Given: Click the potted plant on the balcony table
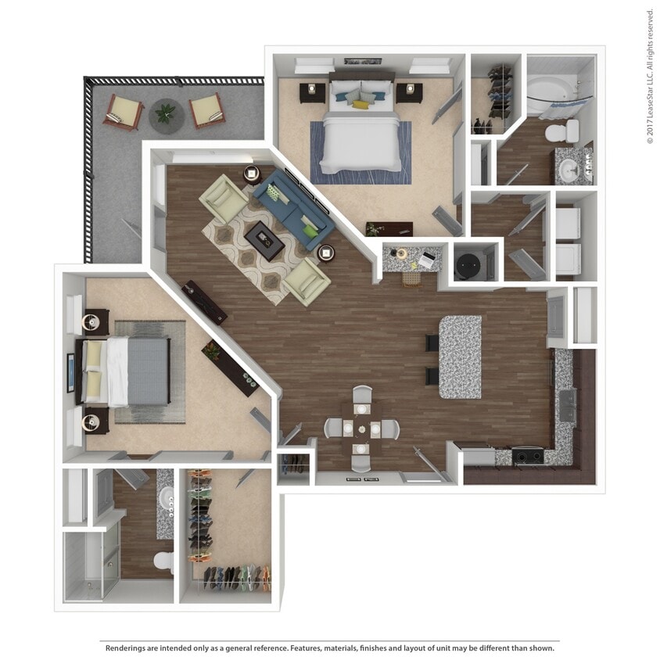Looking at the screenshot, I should pyautogui.click(x=166, y=113).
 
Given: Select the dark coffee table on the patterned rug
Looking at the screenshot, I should pyautogui.click(x=263, y=239).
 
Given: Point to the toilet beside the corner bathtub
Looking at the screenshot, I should pyautogui.click(x=561, y=130).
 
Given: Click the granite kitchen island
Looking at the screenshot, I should pyautogui.click(x=460, y=357).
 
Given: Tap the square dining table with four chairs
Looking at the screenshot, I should pyautogui.click(x=362, y=429).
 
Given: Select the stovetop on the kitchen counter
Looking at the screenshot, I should pyautogui.click(x=527, y=454).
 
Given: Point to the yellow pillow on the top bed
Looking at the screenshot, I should pyautogui.click(x=360, y=104).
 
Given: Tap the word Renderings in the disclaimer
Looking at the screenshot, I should pyautogui.click(x=128, y=647).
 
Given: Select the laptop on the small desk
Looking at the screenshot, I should pyautogui.click(x=428, y=258).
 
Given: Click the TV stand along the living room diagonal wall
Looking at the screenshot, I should pyautogui.click(x=205, y=303).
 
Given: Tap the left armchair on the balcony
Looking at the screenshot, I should pyautogui.click(x=124, y=111).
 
